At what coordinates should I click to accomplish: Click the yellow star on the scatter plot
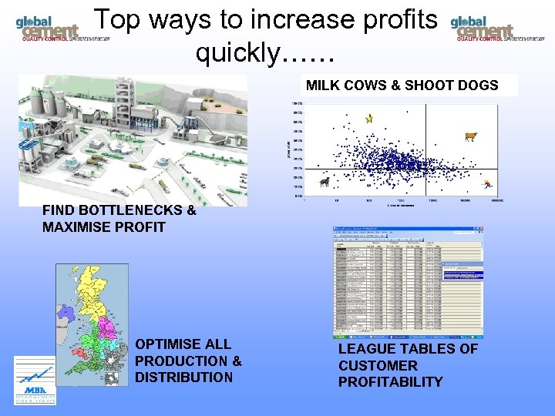point(369,119)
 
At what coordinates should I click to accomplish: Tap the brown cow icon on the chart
point(471,137)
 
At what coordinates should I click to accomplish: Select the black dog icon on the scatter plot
point(325,183)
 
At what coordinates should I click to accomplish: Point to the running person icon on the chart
point(486,184)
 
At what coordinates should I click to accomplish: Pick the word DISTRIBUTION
point(183,377)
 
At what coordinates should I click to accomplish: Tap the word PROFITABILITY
point(390,382)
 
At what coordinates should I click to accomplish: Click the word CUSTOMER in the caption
point(378,366)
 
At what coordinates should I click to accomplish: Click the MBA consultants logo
point(35,380)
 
